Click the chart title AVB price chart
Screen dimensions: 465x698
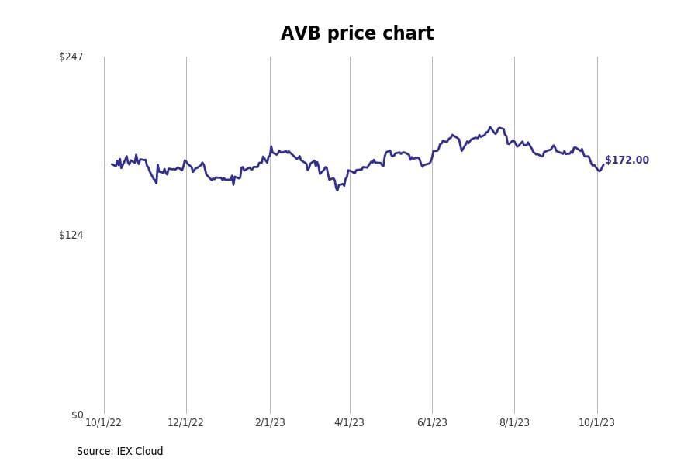357,34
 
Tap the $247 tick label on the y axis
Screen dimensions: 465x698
71,57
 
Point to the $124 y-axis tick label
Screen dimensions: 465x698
71,235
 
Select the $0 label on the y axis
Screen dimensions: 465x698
77,415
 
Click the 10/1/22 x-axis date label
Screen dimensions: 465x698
103,422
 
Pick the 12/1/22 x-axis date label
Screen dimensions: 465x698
185,422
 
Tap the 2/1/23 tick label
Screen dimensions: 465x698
270,422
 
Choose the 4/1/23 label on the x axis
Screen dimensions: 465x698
349,422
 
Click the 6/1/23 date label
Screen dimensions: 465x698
432,422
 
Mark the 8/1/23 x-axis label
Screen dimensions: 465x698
514,422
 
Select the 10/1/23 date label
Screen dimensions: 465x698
596,422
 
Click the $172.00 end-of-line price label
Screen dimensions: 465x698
627,160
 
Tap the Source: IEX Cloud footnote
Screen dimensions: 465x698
119,451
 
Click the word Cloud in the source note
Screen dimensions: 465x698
149,451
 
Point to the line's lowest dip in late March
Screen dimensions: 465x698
337,190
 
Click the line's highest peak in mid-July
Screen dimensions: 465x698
490,127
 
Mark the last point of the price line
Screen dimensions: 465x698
603,164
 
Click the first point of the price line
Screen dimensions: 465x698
112,164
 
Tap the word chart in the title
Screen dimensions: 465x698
408,34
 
